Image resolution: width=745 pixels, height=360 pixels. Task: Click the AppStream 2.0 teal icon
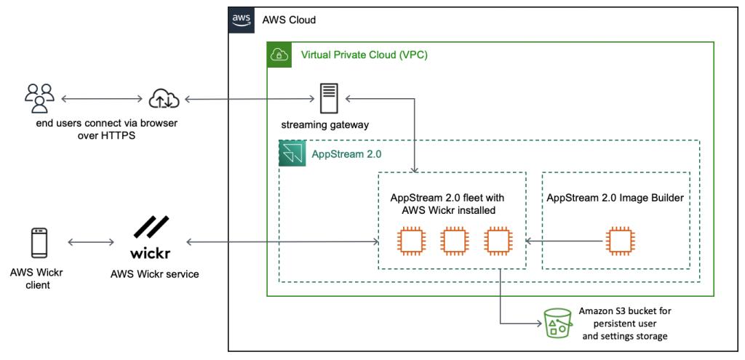tap(291, 154)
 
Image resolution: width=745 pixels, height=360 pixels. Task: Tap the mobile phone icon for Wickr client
tap(39, 242)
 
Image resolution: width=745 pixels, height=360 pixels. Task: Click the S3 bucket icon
tap(558, 323)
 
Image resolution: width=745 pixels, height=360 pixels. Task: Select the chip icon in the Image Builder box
tap(619, 241)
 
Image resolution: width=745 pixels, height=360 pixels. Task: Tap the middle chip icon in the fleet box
tap(453, 241)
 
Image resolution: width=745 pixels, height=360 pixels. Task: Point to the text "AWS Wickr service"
tap(154, 274)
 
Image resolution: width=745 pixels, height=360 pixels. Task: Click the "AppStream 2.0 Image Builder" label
tap(615, 197)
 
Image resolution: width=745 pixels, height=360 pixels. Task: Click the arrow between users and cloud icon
tap(101, 97)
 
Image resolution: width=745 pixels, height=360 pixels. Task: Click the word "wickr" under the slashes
tap(151, 254)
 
